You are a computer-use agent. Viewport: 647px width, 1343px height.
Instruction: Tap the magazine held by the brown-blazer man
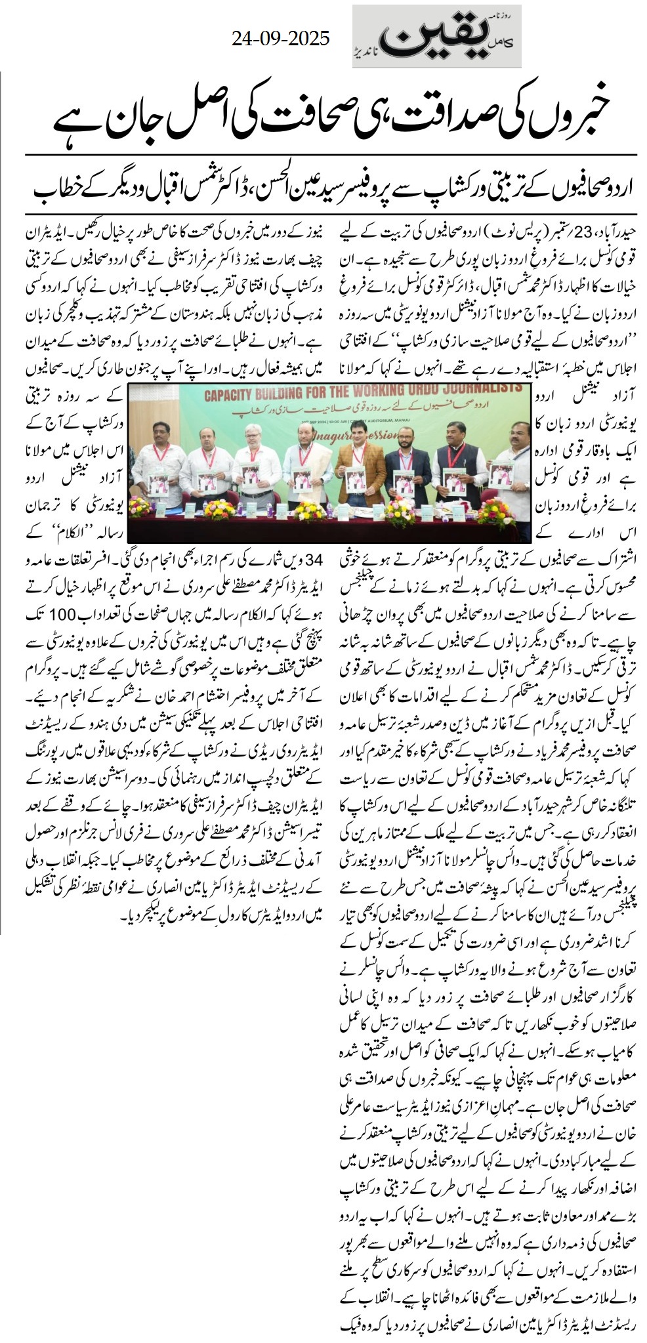tap(352, 481)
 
